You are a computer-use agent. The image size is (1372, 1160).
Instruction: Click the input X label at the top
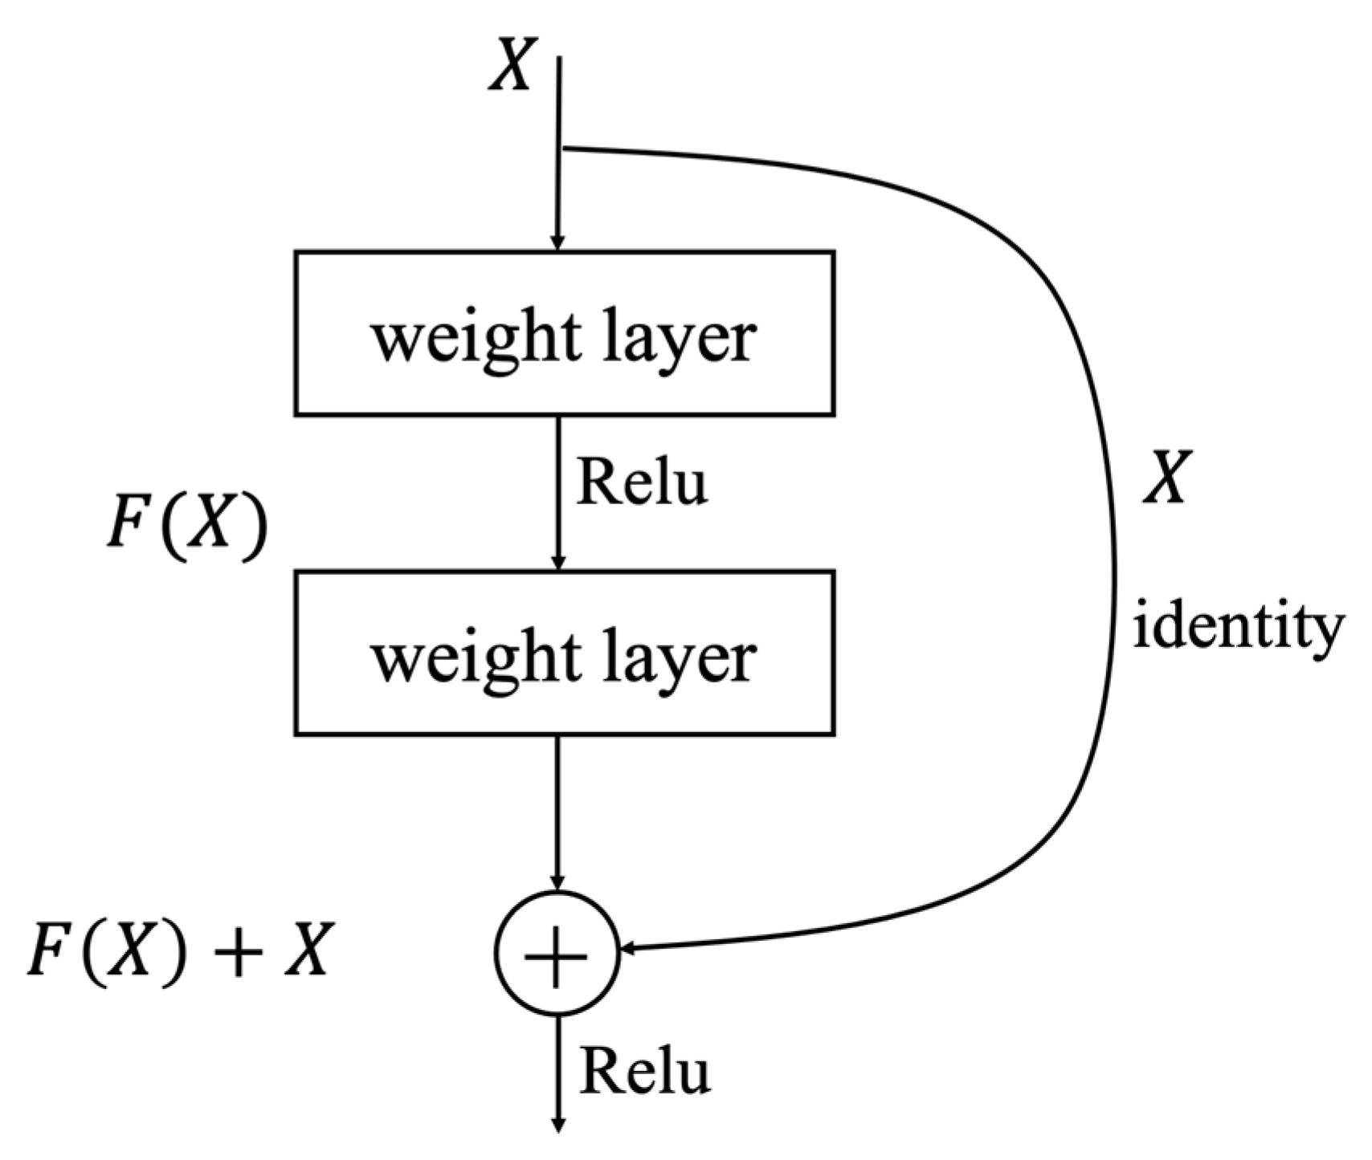(x=512, y=66)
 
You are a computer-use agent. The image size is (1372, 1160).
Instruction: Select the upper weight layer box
(x=564, y=333)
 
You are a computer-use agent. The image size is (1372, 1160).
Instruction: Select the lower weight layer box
(x=564, y=653)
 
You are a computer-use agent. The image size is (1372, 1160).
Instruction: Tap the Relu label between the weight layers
(x=641, y=482)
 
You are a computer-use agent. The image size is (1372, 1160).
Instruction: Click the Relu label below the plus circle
(x=644, y=1070)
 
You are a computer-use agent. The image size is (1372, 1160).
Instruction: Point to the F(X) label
(x=186, y=527)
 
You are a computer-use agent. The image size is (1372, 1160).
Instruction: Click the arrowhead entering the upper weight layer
(x=558, y=242)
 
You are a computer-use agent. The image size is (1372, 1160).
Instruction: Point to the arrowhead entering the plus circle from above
(x=558, y=882)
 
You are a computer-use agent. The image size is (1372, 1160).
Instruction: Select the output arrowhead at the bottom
(x=558, y=1125)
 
